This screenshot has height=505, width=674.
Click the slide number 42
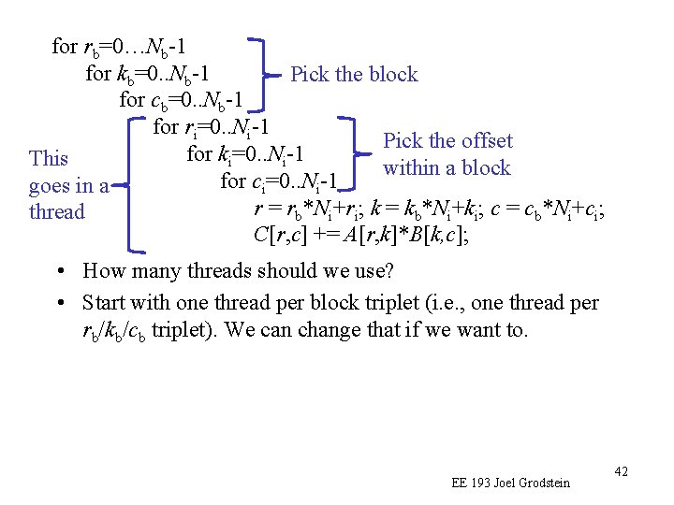click(x=621, y=470)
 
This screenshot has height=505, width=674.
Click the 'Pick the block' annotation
click(x=354, y=74)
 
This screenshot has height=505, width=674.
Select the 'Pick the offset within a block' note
click(x=447, y=154)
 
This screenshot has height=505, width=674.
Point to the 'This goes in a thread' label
click(x=68, y=184)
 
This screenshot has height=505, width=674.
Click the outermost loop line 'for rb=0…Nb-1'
click(x=125, y=46)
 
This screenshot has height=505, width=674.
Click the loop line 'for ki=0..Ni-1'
click(x=247, y=152)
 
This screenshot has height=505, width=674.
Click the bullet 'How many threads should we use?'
click(x=238, y=272)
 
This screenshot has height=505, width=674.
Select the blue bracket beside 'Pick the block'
click(x=268, y=73)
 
